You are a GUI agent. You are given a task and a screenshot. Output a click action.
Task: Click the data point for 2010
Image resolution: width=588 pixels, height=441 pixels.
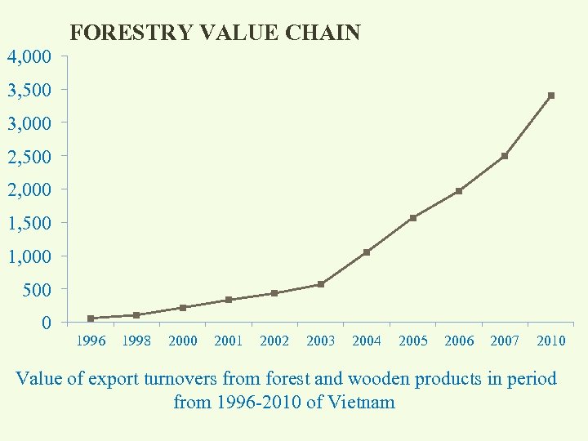551,96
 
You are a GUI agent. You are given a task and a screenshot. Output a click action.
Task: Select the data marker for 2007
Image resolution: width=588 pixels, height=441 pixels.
505,156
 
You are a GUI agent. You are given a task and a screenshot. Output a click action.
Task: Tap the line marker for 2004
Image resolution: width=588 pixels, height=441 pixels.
367,252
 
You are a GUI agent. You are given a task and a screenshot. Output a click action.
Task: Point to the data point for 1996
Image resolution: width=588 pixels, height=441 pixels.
91,318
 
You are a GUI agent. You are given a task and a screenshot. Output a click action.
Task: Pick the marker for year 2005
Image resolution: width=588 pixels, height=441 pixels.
413,218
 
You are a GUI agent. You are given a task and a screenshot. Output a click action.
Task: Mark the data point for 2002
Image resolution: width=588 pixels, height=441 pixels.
274,293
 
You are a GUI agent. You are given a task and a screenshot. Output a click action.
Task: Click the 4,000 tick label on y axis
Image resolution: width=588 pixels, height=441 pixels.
29,57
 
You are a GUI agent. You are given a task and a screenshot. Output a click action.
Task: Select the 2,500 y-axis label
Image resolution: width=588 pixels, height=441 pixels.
29,156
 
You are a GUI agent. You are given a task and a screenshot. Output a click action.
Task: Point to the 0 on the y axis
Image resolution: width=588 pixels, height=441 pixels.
46,323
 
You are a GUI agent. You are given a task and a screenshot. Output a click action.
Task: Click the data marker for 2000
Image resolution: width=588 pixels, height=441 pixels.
183,308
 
